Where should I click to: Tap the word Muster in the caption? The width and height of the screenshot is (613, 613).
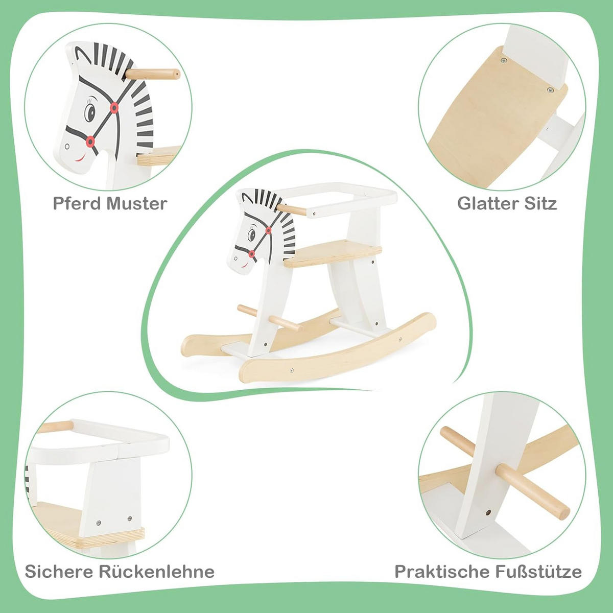[137, 204]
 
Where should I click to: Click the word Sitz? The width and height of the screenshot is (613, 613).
[541, 204]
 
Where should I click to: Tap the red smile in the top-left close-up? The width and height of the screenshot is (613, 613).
[80, 158]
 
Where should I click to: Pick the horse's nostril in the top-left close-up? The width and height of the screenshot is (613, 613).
[67, 147]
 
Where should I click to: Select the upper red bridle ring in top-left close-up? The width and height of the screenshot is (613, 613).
[114, 108]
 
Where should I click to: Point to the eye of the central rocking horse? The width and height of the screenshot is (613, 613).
[252, 235]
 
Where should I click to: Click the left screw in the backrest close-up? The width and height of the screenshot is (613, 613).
[98, 523]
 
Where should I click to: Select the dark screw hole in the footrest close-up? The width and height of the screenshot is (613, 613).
[487, 512]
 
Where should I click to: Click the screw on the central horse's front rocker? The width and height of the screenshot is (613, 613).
[292, 370]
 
